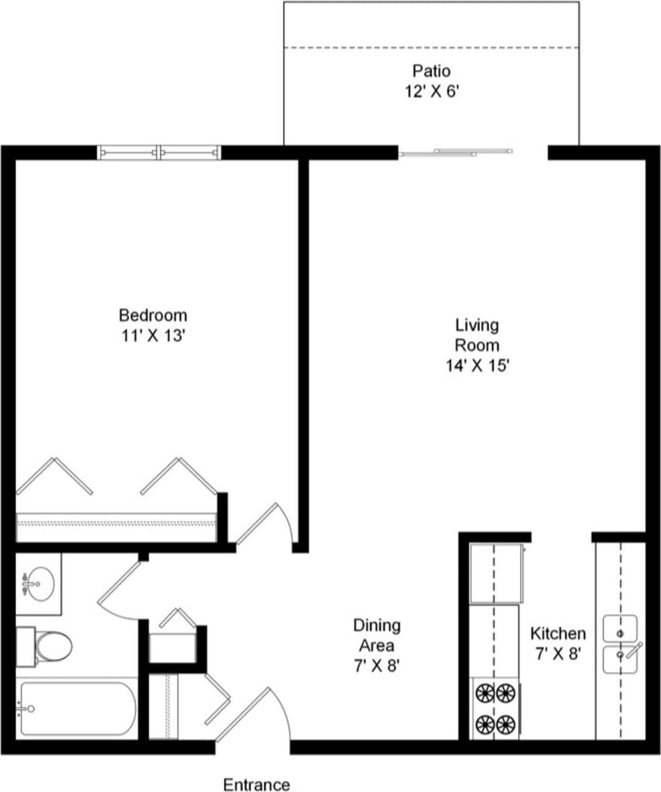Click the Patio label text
tap(431, 70)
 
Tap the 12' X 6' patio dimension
tap(431, 92)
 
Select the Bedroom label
tap(153, 314)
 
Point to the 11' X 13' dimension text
tap(153, 336)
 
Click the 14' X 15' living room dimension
tap(477, 366)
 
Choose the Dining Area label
tap(377, 635)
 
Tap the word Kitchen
tap(557, 633)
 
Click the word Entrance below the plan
tap(256, 785)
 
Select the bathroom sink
tap(39, 583)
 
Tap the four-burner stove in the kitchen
tap(495, 708)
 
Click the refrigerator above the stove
tap(496, 573)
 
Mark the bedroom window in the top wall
tap(159, 153)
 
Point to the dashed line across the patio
tap(431, 47)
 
